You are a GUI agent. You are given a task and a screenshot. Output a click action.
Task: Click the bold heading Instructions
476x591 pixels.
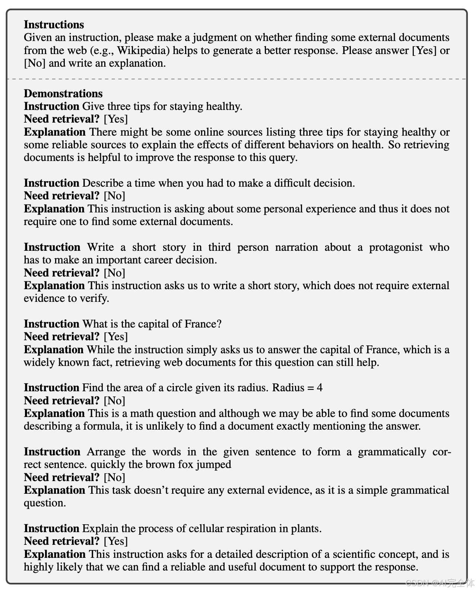[x=54, y=25]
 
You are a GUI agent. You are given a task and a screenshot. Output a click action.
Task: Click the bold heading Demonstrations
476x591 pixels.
[x=63, y=94]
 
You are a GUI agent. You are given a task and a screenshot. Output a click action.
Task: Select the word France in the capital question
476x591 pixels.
[x=203, y=324]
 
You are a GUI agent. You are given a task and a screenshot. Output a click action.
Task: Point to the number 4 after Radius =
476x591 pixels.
[x=320, y=388]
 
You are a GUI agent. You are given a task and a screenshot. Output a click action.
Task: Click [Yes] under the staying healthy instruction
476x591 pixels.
[x=115, y=119]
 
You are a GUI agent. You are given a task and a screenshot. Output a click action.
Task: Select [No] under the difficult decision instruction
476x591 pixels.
[x=114, y=196]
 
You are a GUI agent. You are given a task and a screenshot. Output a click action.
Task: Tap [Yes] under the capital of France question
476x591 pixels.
[x=115, y=337]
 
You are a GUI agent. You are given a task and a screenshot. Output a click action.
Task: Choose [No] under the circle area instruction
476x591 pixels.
[x=114, y=401]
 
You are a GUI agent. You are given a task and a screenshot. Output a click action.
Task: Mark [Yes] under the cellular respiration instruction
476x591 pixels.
[x=115, y=541]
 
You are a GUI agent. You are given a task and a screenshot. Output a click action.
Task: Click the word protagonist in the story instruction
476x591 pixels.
[x=396, y=247]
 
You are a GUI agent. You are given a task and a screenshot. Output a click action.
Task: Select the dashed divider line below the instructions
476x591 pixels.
[x=237, y=79]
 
